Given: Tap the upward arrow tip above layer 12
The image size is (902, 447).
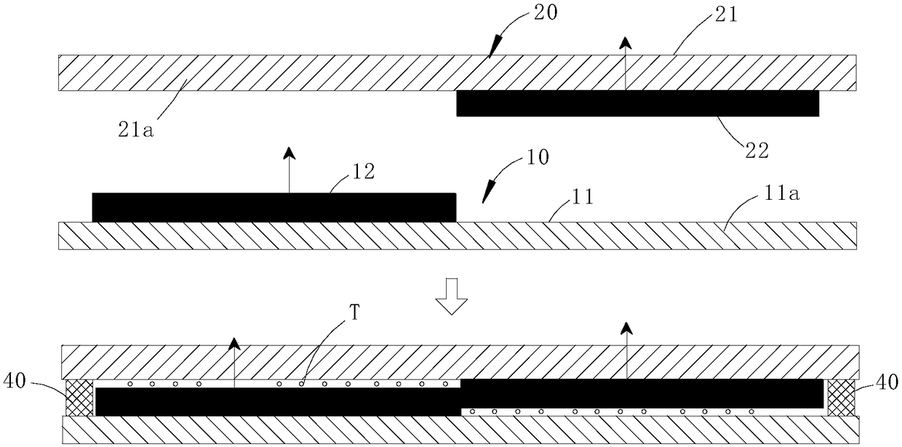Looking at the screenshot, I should (x=289, y=152).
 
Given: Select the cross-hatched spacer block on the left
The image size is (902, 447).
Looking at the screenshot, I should (x=80, y=398).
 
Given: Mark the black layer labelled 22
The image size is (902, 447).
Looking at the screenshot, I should (x=637, y=103).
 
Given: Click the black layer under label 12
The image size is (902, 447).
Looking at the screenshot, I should (x=274, y=207).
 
